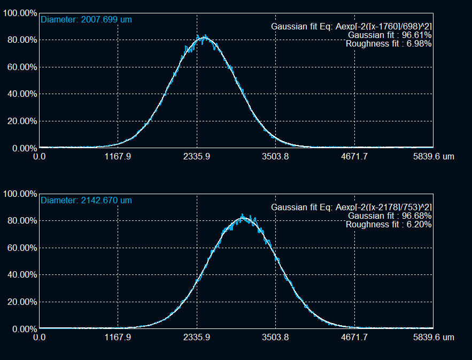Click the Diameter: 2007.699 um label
point(86,20)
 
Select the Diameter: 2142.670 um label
point(86,201)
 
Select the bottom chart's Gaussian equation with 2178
point(351,207)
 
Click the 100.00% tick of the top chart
point(20,13)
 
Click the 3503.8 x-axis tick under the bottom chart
point(276,338)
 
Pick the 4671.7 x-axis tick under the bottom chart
point(354,338)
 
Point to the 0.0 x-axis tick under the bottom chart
point(40,338)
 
